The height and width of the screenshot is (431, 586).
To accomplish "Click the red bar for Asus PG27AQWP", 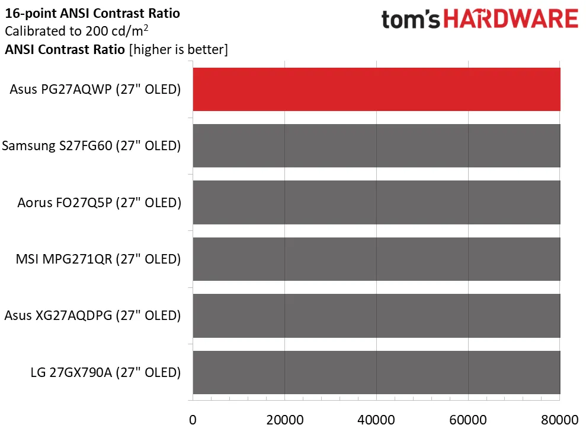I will pyautogui.click(x=376, y=90).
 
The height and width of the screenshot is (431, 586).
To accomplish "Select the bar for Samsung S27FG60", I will pyautogui.click(x=376, y=146).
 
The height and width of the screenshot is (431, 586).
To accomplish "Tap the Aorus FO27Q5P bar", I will pyautogui.click(x=376, y=202).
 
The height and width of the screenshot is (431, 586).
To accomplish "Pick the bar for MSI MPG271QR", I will pyautogui.click(x=376, y=259).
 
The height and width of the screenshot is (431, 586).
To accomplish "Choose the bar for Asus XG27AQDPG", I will pyautogui.click(x=376, y=316).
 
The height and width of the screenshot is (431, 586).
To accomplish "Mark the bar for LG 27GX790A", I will pyautogui.click(x=376, y=372).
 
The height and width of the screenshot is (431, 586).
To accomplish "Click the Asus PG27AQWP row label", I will pyautogui.click(x=95, y=90).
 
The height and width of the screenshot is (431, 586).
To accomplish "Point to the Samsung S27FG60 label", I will pyautogui.click(x=91, y=146).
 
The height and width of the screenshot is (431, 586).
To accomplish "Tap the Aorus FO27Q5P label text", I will pyautogui.click(x=99, y=202).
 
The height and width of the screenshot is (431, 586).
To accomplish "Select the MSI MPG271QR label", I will pyautogui.click(x=98, y=259).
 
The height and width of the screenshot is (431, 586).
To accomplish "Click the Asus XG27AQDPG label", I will pyautogui.click(x=92, y=316).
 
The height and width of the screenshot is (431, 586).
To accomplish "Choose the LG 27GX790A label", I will pyautogui.click(x=105, y=372).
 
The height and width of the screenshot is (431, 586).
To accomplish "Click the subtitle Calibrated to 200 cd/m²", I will pyautogui.click(x=83, y=31).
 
